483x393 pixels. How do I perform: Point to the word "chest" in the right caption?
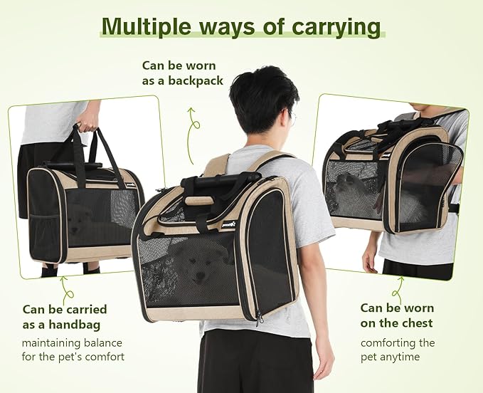(x=416, y=323)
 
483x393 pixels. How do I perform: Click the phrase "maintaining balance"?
(x=73, y=342)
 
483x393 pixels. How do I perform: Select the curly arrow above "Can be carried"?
(x=66, y=289)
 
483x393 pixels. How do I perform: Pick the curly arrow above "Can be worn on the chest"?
(x=398, y=288)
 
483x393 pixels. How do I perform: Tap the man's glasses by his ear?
(x=292, y=117)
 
